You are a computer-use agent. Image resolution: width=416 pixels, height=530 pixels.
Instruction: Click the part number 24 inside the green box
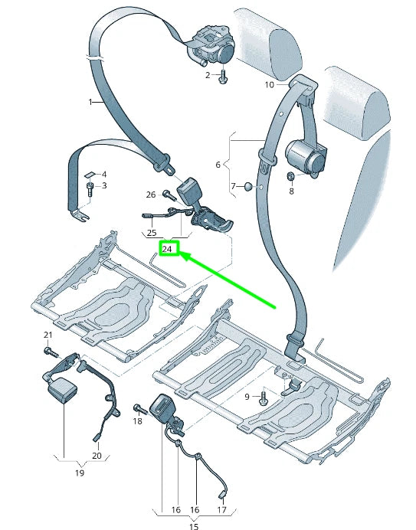[167, 249]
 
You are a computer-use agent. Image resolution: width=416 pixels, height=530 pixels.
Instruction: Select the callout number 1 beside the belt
[90, 102]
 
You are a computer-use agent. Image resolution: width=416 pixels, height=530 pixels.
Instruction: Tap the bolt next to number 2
[223, 75]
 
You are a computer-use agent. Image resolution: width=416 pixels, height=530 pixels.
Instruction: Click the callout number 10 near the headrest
[269, 84]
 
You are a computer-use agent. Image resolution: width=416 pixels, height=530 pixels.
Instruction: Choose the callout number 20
[97, 456]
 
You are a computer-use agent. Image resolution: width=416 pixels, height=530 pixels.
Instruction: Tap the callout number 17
[223, 509]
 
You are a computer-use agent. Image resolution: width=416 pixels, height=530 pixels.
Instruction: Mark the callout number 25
[152, 232]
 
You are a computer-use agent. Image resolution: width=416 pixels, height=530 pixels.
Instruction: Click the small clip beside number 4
[89, 175]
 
